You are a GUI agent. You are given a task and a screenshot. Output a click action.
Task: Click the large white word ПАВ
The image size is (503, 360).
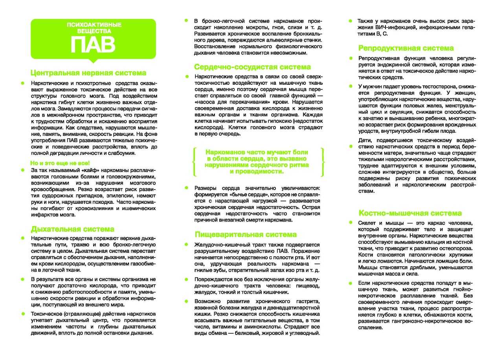(93, 44)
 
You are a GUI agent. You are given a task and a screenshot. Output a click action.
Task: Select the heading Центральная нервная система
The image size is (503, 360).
(88, 73)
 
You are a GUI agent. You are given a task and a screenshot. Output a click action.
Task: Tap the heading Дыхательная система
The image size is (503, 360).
(73, 229)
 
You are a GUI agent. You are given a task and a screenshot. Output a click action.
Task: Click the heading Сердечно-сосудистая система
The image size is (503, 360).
(252, 67)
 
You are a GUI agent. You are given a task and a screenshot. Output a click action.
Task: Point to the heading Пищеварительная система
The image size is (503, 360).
(246, 234)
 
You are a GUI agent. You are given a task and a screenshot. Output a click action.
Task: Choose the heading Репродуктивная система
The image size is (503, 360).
(406, 48)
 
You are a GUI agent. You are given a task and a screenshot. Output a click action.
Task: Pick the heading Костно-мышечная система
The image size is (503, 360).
(410, 213)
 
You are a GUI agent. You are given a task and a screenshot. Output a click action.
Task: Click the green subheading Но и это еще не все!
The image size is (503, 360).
(60, 163)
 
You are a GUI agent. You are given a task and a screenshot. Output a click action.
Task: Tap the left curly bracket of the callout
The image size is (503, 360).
(194, 162)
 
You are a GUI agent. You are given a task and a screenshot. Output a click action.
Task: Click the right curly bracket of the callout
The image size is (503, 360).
(322, 162)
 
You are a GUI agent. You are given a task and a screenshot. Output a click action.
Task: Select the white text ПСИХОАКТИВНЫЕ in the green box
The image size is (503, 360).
(94, 25)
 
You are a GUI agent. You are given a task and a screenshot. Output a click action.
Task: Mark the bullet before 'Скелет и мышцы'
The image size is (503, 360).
(350, 222)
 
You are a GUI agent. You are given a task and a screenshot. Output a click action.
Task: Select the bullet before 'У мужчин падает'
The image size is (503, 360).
(350, 86)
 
